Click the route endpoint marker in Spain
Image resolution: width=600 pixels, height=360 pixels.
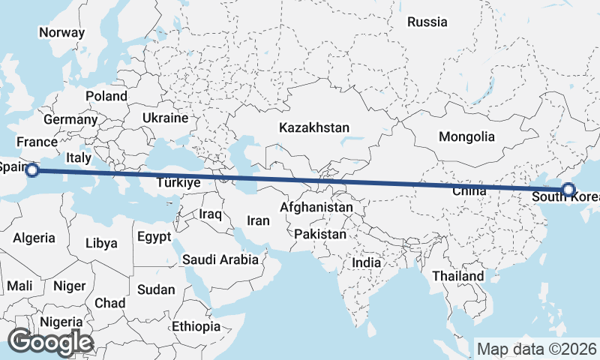[x=31, y=170]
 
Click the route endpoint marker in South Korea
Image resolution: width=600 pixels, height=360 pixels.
[x=568, y=190]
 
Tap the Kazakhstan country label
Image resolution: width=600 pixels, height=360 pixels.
[x=314, y=127]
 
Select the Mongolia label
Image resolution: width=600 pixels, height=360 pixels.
[x=467, y=136]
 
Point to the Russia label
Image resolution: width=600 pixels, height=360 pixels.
[x=427, y=22]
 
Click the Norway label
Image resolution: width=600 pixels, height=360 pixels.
[x=61, y=32]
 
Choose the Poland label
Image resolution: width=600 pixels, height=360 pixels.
[x=106, y=96]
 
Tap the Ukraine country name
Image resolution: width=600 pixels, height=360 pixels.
[x=164, y=118]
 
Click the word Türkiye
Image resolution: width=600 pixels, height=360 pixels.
[x=178, y=182]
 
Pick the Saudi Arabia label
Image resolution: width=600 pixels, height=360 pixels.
[x=220, y=260]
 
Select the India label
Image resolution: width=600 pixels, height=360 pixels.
[x=367, y=263]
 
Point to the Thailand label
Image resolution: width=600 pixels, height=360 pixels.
[x=457, y=276]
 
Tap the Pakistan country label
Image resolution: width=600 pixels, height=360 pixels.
[x=320, y=234]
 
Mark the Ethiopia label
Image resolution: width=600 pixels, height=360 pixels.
[x=196, y=326]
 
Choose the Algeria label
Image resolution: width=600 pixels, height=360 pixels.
[x=34, y=238]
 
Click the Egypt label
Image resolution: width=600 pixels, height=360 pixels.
[x=155, y=237]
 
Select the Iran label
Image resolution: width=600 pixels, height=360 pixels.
[x=258, y=220]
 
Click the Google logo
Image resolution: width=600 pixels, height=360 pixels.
[x=50, y=342]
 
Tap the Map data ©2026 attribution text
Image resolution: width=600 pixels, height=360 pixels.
[x=536, y=349]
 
